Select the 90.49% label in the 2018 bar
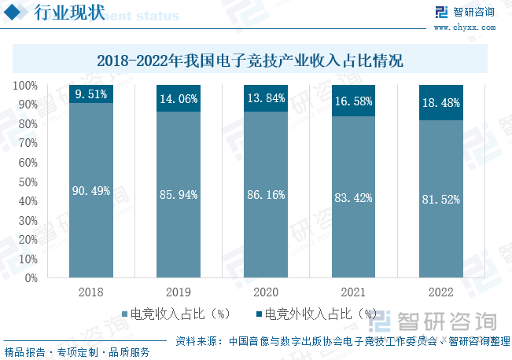[x=91, y=191]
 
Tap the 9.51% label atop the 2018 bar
[x=91, y=94]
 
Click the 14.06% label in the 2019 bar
[x=179, y=98]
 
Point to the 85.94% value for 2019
[x=179, y=195]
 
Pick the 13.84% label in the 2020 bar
[x=266, y=98]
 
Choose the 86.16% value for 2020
[x=266, y=195]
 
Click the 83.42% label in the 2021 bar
[x=353, y=197]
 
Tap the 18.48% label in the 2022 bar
[x=440, y=103]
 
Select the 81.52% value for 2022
[x=440, y=199]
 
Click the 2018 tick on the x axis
[x=91, y=292]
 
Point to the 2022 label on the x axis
[x=440, y=292]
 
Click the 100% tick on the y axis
[x=26, y=85]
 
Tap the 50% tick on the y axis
[x=28, y=182]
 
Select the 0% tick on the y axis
[x=31, y=277]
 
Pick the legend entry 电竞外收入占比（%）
[x=315, y=314]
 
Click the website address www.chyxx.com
[x=464, y=27]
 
